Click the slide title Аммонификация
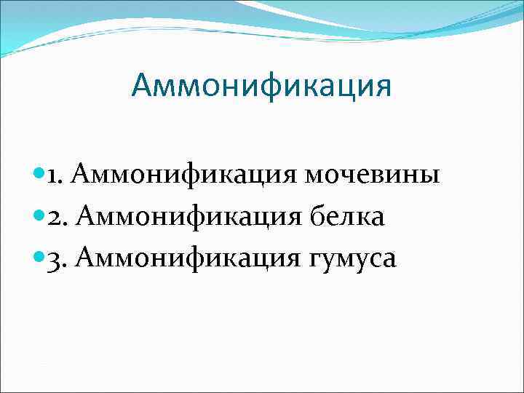pyautogui.click(x=261, y=86)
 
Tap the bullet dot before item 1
pyautogui.click(x=39, y=175)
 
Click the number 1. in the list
pyautogui.click(x=57, y=175)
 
